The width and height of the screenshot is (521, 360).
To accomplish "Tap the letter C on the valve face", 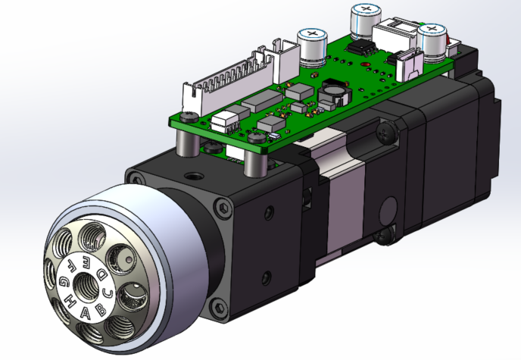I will (x=108, y=290).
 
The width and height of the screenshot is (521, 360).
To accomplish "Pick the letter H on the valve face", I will (x=70, y=300).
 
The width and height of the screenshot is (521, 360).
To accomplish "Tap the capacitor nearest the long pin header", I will (x=311, y=45).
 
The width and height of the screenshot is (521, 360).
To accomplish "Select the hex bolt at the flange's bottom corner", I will (x=219, y=307).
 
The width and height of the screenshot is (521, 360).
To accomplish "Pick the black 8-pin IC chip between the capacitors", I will (x=363, y=48).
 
